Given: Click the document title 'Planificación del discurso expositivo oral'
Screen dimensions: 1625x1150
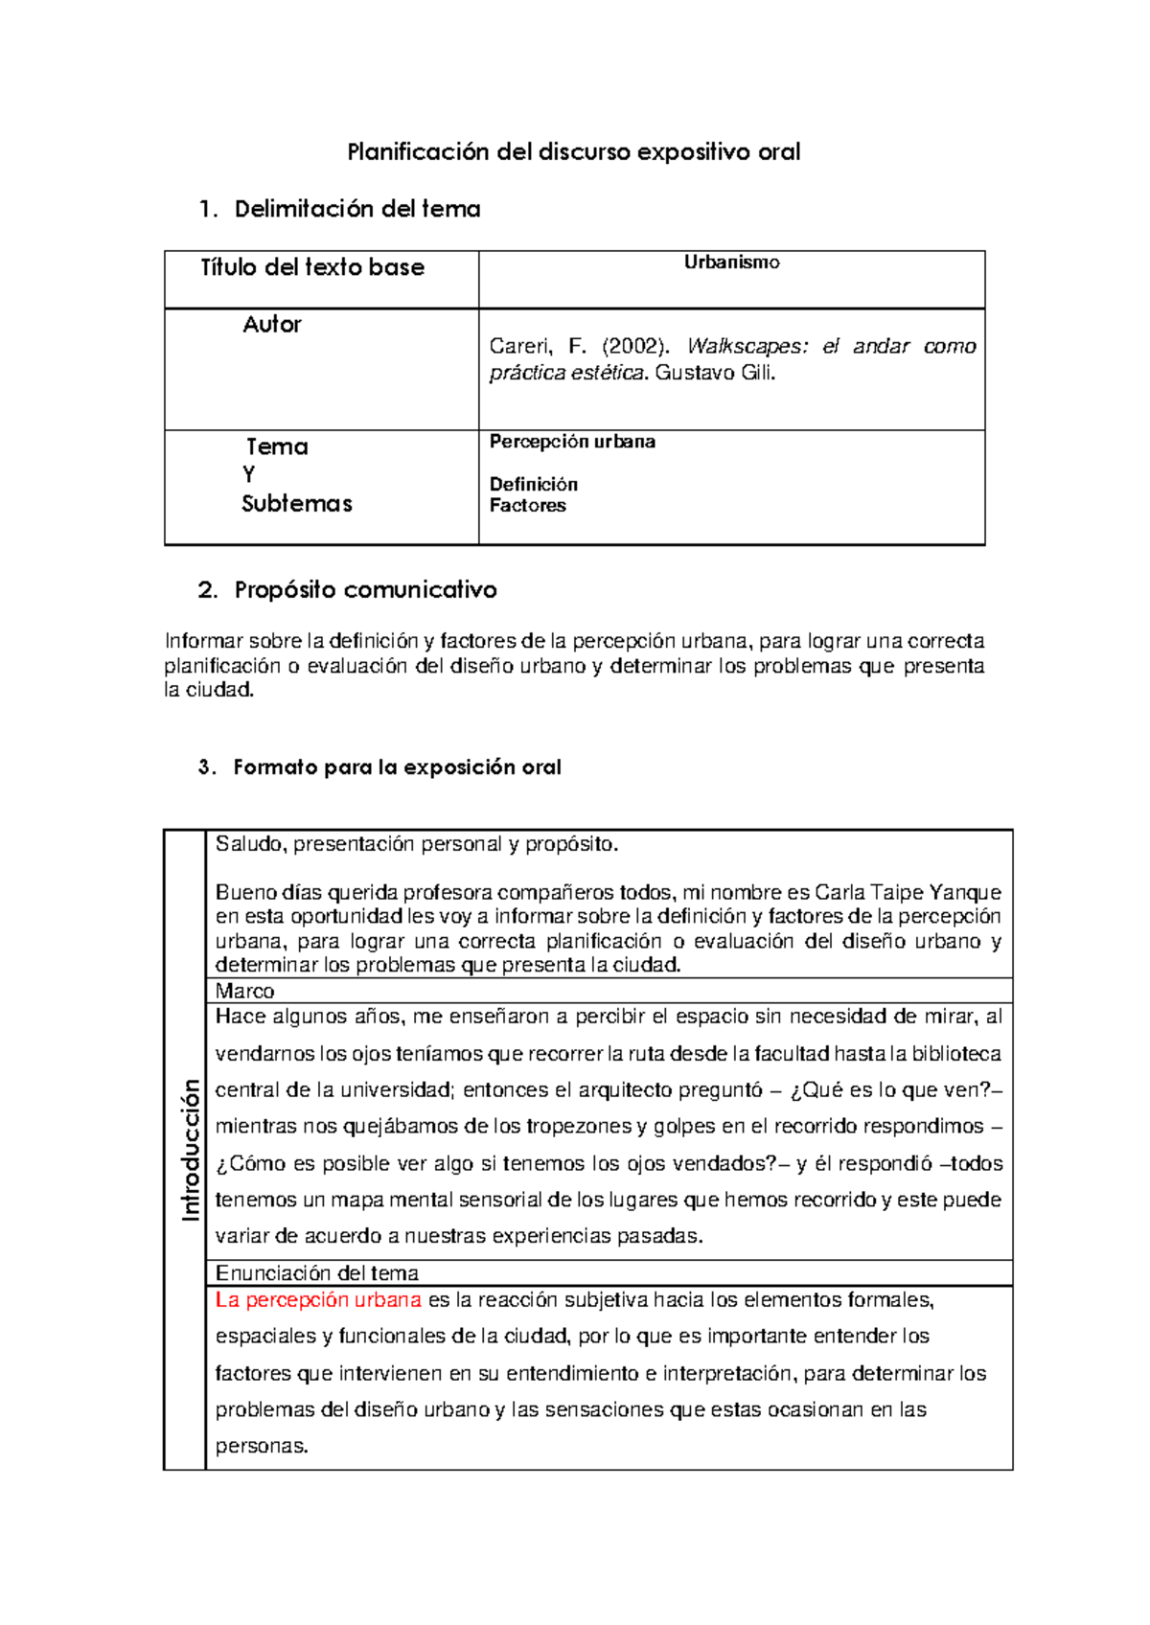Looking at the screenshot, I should (573, 151).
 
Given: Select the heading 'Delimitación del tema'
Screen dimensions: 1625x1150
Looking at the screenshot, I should (356, 209).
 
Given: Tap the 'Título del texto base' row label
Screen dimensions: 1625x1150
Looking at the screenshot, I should (312, 267).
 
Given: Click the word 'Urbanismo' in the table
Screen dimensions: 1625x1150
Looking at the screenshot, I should (731, 263).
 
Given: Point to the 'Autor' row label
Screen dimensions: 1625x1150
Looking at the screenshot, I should (272, 325).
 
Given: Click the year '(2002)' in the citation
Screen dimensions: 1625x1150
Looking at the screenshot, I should (636, 346).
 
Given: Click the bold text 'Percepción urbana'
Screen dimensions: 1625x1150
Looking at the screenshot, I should (572, 442).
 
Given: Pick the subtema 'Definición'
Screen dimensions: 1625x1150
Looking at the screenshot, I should (533, 484).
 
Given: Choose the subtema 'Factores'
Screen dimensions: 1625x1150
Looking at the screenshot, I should (527, 505).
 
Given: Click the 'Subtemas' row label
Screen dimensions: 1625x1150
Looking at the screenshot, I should (297, 504).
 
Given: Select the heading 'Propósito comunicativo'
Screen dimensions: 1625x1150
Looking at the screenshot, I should (365, 589).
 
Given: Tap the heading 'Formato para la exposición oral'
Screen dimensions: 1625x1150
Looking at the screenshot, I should (397, 767).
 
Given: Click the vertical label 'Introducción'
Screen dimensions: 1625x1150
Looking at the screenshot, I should (190, 1150).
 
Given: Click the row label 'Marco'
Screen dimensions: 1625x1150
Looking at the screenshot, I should (244, 991).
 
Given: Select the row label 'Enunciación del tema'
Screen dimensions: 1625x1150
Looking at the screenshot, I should (316, 1273).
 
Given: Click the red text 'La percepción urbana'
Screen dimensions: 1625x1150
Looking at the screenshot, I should (318, 1300).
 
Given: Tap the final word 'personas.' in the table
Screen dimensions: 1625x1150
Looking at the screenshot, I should (262, 1446).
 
